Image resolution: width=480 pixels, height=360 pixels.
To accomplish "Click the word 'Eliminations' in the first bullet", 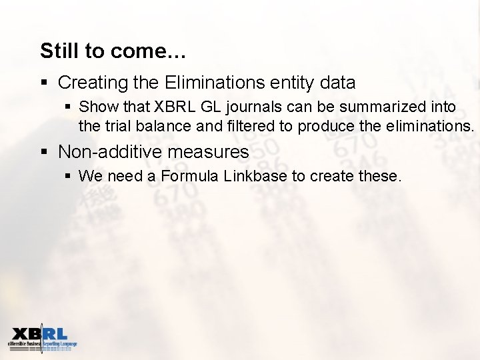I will coord(214,83).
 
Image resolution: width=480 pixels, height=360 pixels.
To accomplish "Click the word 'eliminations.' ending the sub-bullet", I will coord(430,126).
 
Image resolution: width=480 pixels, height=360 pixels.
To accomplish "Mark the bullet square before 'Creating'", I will coord(44,83).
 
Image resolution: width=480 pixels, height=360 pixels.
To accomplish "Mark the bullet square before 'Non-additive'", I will coord(44,152).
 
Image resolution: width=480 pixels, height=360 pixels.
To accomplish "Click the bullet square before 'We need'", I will coord(68,177).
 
